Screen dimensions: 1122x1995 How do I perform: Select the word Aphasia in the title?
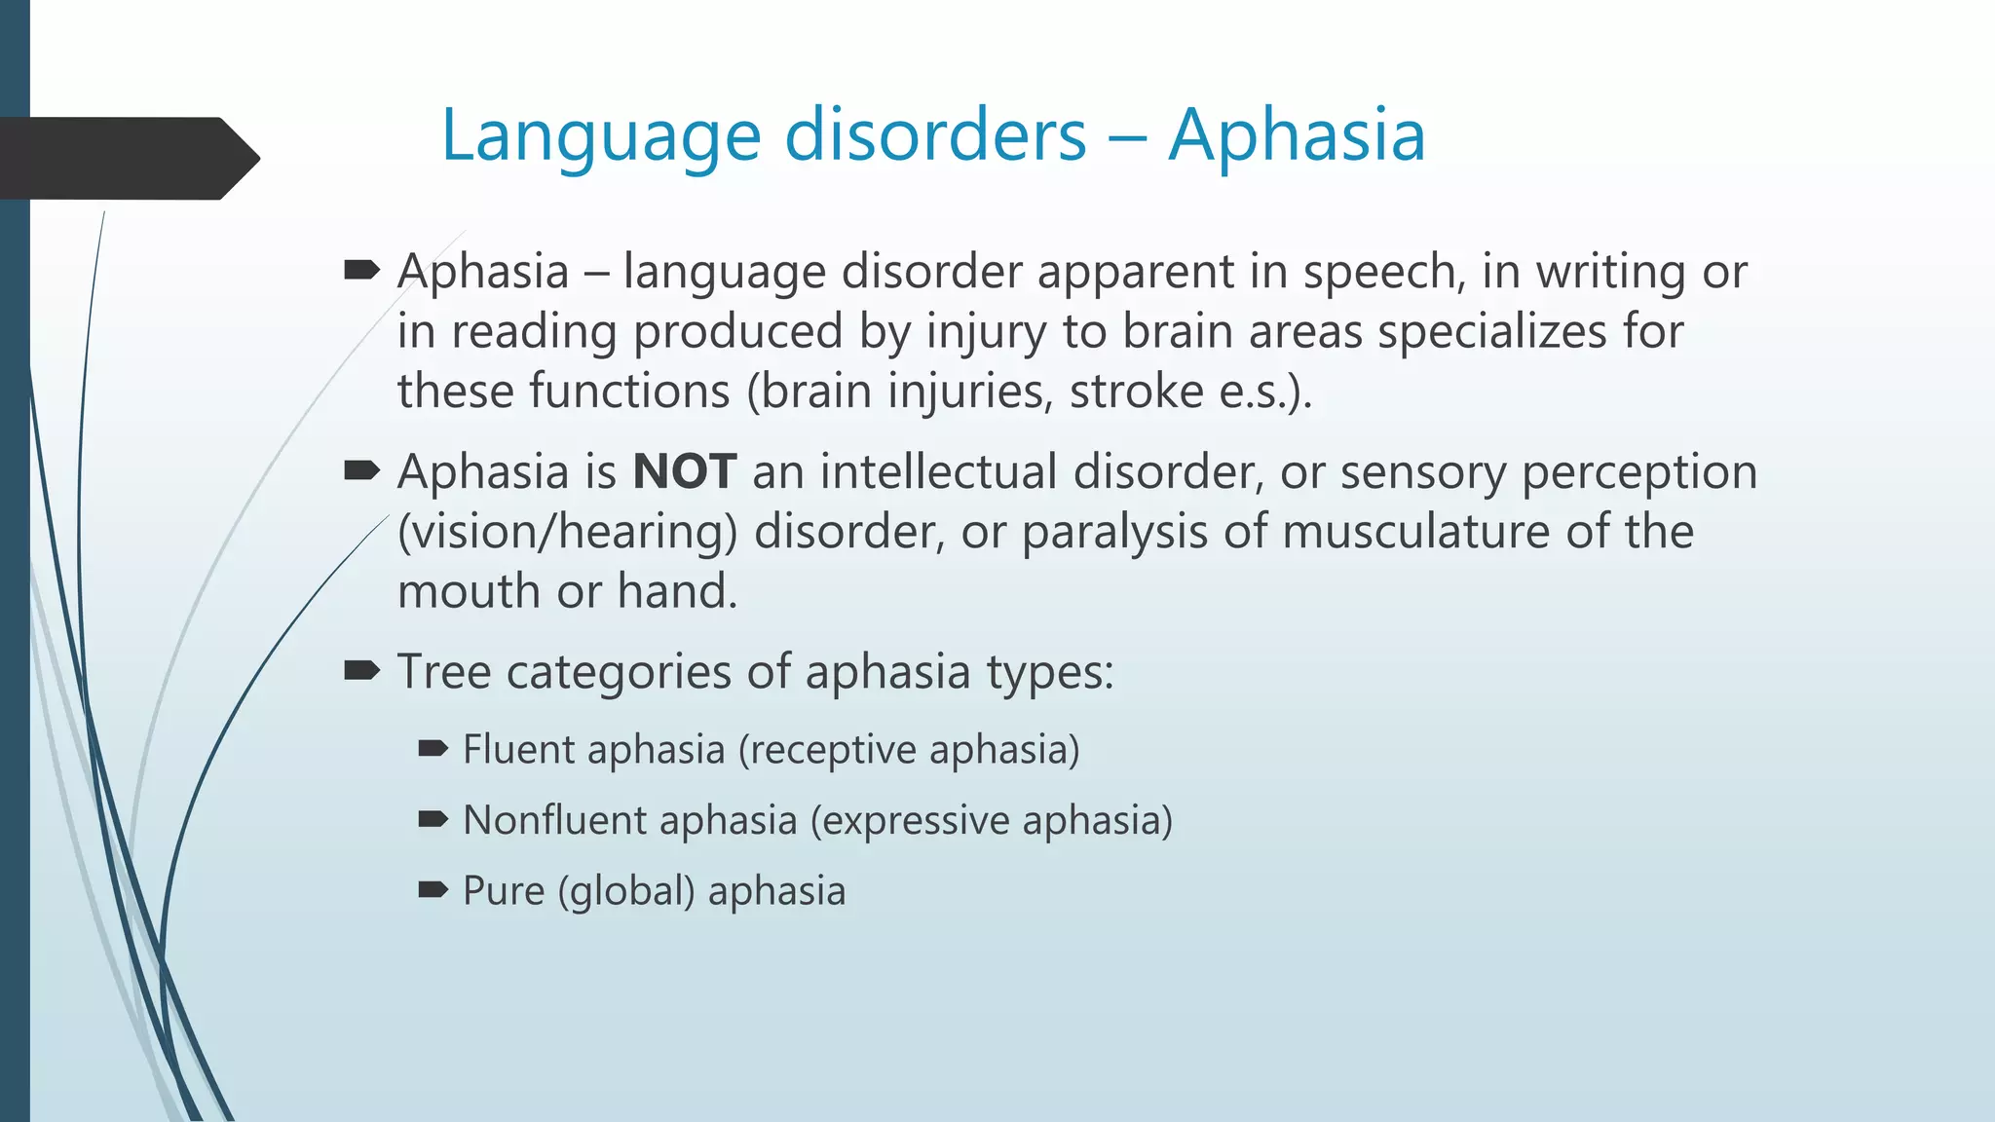coord(1297,136)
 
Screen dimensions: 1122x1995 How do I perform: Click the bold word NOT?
coord(684,472)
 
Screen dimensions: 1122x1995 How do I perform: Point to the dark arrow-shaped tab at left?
coord(127,159)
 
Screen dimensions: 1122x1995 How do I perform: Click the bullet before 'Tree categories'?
coord(361,670)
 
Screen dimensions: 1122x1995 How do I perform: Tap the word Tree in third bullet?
coord(443,672)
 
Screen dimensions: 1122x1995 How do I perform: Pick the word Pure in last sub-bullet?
coord(503,891)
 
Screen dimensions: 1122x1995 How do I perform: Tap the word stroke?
coord(1136,392)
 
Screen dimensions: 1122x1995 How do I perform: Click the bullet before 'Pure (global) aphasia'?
coord(433,889)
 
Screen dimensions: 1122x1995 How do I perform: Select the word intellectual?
coord(938,472)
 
